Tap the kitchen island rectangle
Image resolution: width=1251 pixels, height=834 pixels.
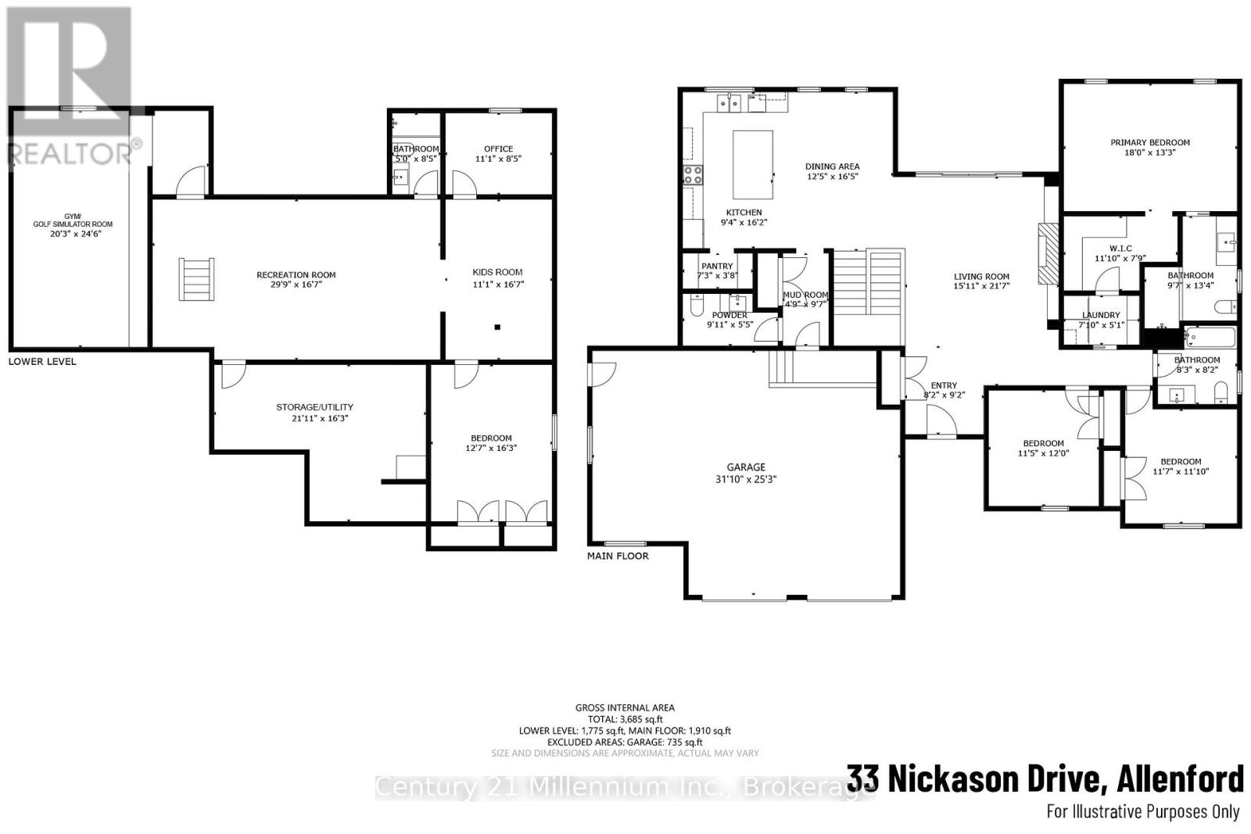(x=752, y=165)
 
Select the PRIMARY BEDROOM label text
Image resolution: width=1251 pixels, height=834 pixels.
(x=1149, y=142)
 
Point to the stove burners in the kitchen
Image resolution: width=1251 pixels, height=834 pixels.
(x=693, y=175)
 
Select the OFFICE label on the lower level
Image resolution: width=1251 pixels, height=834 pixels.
(x=498, y=149)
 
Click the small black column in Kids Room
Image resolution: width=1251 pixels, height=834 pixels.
(x=496, y=328)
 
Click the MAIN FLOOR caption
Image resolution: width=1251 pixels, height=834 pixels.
(x=618, y=556)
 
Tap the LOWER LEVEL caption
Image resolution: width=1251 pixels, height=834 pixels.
(x=42, y=362)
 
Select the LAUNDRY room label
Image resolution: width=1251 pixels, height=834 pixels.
(x=1101, y=315)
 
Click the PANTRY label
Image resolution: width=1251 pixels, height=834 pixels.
(x=717, y=267)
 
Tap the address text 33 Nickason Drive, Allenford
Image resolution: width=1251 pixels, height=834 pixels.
(x=1045, y=779)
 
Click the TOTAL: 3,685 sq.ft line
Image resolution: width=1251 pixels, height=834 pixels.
(x=625, y=719)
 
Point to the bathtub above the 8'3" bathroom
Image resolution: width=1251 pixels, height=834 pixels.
(x=1209, y=338)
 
